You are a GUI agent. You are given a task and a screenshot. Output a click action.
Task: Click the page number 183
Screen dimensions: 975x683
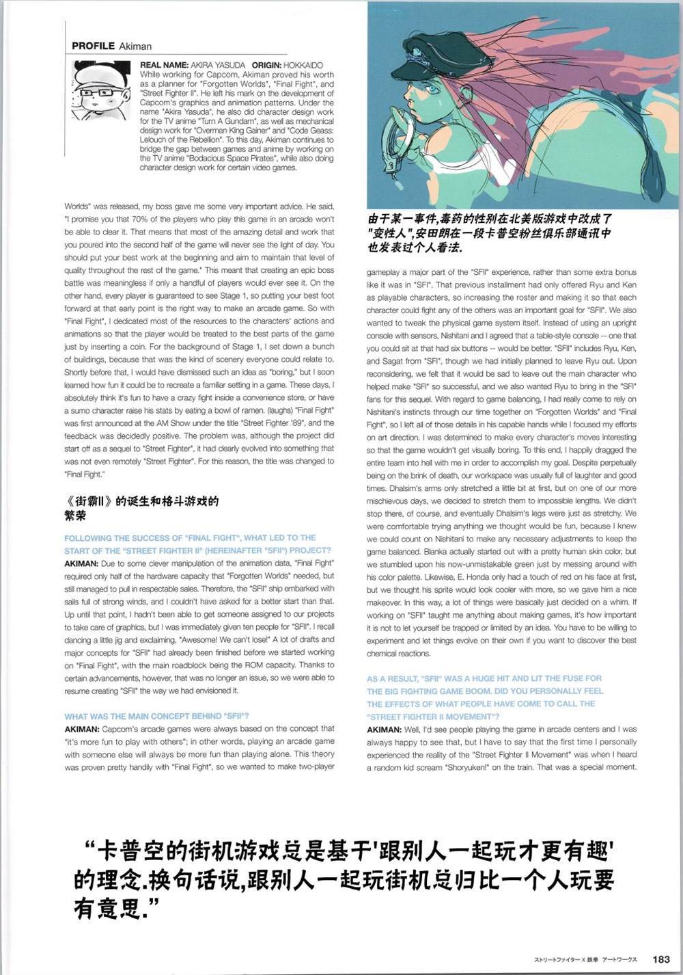660,959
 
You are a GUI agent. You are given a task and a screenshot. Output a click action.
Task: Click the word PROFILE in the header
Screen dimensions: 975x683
93,46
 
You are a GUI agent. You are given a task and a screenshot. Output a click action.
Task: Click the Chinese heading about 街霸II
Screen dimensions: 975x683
141,508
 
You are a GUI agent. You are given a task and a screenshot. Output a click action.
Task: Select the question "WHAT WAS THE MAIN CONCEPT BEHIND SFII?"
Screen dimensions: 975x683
156,717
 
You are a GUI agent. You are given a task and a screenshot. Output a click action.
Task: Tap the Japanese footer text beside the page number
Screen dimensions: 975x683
585,960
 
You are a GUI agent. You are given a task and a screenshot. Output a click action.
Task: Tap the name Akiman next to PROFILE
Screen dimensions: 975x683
135,46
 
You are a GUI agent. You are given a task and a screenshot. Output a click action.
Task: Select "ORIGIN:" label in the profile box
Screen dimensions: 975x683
272,65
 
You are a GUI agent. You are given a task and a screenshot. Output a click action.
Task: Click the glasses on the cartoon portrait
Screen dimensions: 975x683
96,92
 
